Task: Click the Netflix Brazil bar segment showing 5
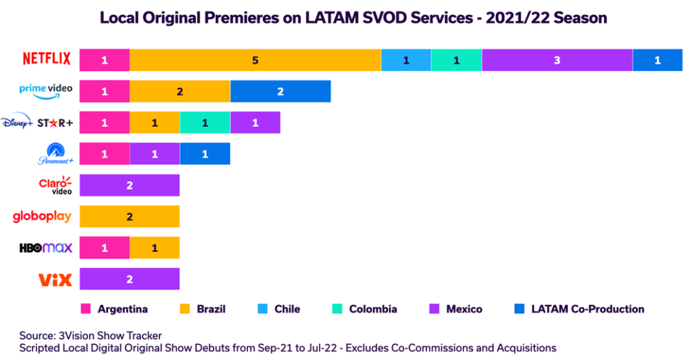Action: click(x=255, y=60)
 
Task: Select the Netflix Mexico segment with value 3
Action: click(x=557, y=60)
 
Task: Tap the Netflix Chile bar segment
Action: click(x=406, y=60)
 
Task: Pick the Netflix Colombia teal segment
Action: click(x=456, y=60)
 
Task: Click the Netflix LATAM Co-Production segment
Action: click(x=658, y=60)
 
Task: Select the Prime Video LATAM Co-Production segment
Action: click(x=280, y=91)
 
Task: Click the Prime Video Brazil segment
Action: click(x=180, y=91)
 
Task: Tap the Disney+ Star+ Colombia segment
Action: click(x=205, y=122)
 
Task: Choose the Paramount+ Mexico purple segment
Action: click(x=155, y=153)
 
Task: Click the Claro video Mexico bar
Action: click(x=130, y=185)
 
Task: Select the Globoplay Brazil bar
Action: click(x=130, y=216)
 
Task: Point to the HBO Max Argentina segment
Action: click(x=105, y=248)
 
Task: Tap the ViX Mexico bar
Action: click(x=130, y=279)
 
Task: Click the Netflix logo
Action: click(x=47, y=59)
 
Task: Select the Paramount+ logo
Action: click(x=54, y=154)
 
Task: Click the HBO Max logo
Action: click(x=45, y=248)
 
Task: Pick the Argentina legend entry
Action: click(x=114, y=309)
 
